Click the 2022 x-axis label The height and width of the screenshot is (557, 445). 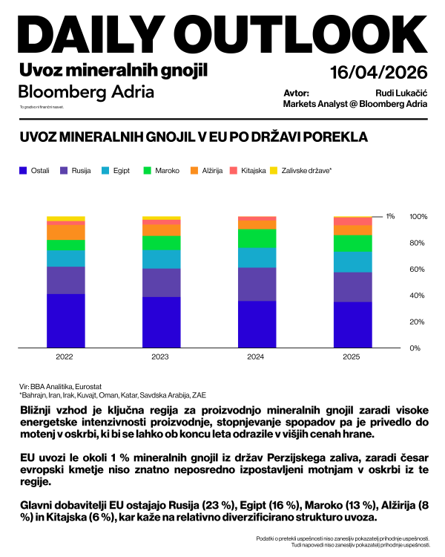pyautogui.click(x=65, y=356)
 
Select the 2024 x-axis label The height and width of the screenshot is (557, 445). pyautogui.click(x=256, y=356)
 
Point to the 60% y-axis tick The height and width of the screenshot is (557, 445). pyautogui.click(x=418, y=269)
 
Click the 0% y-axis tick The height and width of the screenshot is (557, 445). pyautogui.click(x=416, y=348)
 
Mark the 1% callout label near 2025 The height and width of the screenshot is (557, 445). pyautogui.click(x=390, y=216)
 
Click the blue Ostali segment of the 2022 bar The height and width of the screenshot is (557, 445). pyautogui.click(x=65, y=321)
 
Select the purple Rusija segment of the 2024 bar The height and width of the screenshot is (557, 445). pyautogui.click(x=256, y=284)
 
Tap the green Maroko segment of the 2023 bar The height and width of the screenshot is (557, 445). pyautogui.click(x=161, y=243)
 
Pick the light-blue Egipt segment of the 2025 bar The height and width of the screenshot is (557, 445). pyautogui.click(x=352, y=262)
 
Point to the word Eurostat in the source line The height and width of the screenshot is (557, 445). pyautogui.click(x=88, y=387)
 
